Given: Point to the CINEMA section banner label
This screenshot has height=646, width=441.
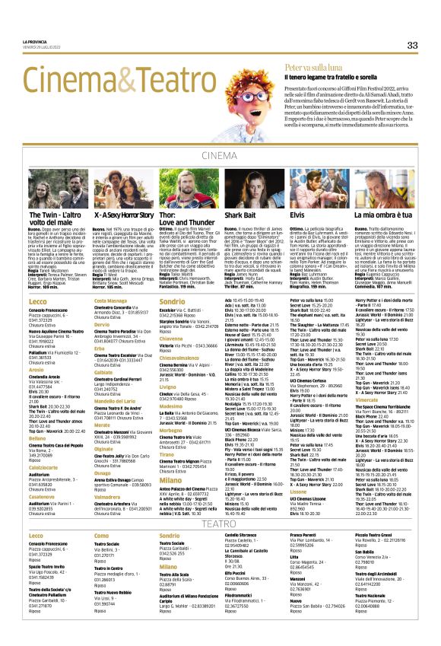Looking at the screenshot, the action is pos(220,155).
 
